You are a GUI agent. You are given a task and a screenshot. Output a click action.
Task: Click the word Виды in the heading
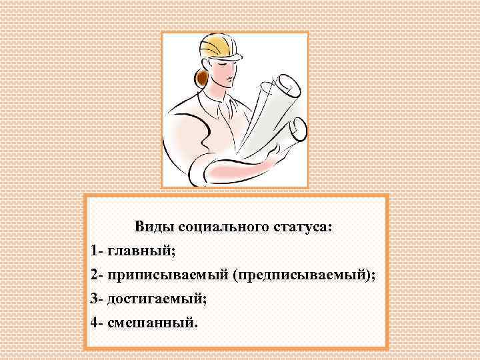coord(152,227)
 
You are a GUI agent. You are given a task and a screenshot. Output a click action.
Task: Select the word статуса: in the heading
coord(299,227)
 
